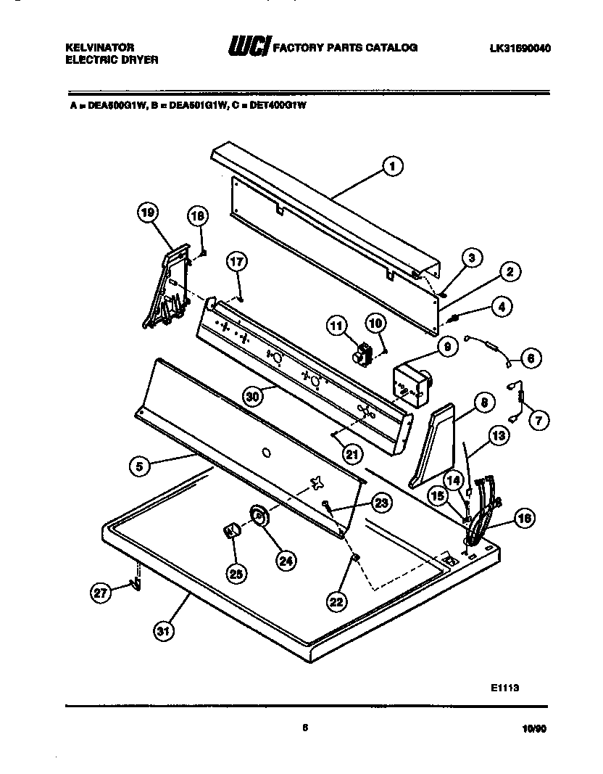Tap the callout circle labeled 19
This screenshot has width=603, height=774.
[x=147, y=213]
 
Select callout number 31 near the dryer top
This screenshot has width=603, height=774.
[x=164, y=631]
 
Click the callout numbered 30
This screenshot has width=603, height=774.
[x=253, y=395]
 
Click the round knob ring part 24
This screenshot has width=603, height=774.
[x=259, y=516]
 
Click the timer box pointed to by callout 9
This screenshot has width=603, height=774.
[x=409, y=382]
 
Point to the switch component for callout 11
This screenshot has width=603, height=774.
[x=362, y=355]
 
